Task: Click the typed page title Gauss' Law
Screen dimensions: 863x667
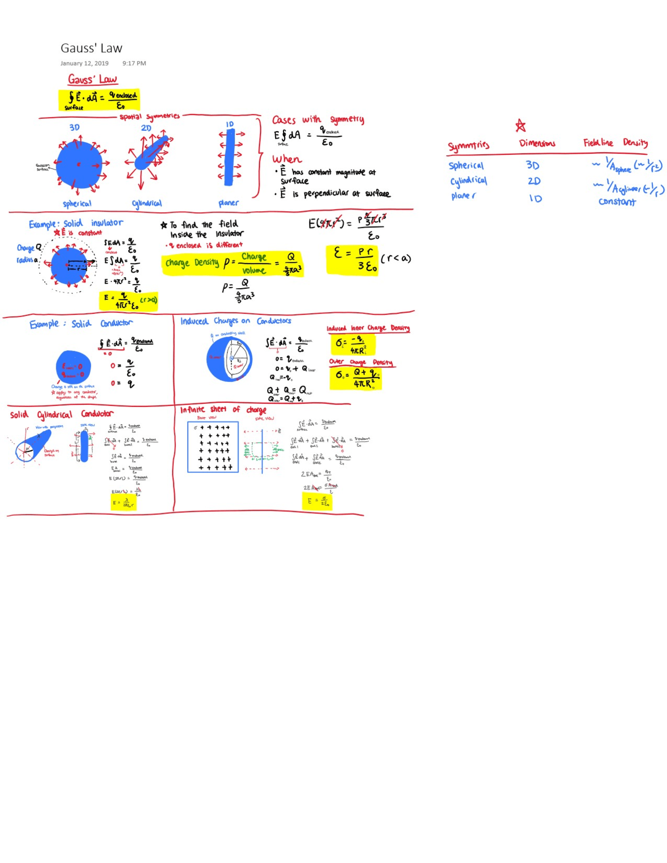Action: click(91, 48)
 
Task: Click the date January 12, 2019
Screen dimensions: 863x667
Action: click(84, 63)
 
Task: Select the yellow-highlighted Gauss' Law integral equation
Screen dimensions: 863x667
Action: click(99, 100)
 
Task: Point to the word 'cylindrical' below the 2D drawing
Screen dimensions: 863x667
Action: click(146, 203)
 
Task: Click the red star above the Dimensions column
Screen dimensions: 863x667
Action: click(520, 126)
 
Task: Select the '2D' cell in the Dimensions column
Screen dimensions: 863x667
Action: click(534, 181)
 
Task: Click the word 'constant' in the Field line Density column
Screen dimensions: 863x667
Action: click(617, 202)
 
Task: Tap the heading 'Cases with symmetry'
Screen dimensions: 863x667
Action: click(318, 120)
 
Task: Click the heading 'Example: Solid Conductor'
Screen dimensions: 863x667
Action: click(81, 324)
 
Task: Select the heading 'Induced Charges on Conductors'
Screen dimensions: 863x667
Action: click(236, 321)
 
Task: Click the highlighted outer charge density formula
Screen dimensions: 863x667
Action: click(356, 378)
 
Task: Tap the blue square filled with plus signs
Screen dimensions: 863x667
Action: click(213, 447)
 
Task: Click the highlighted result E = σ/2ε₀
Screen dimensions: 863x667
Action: click(317, 501)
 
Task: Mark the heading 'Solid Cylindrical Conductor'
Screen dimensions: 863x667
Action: click(61, 414)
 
